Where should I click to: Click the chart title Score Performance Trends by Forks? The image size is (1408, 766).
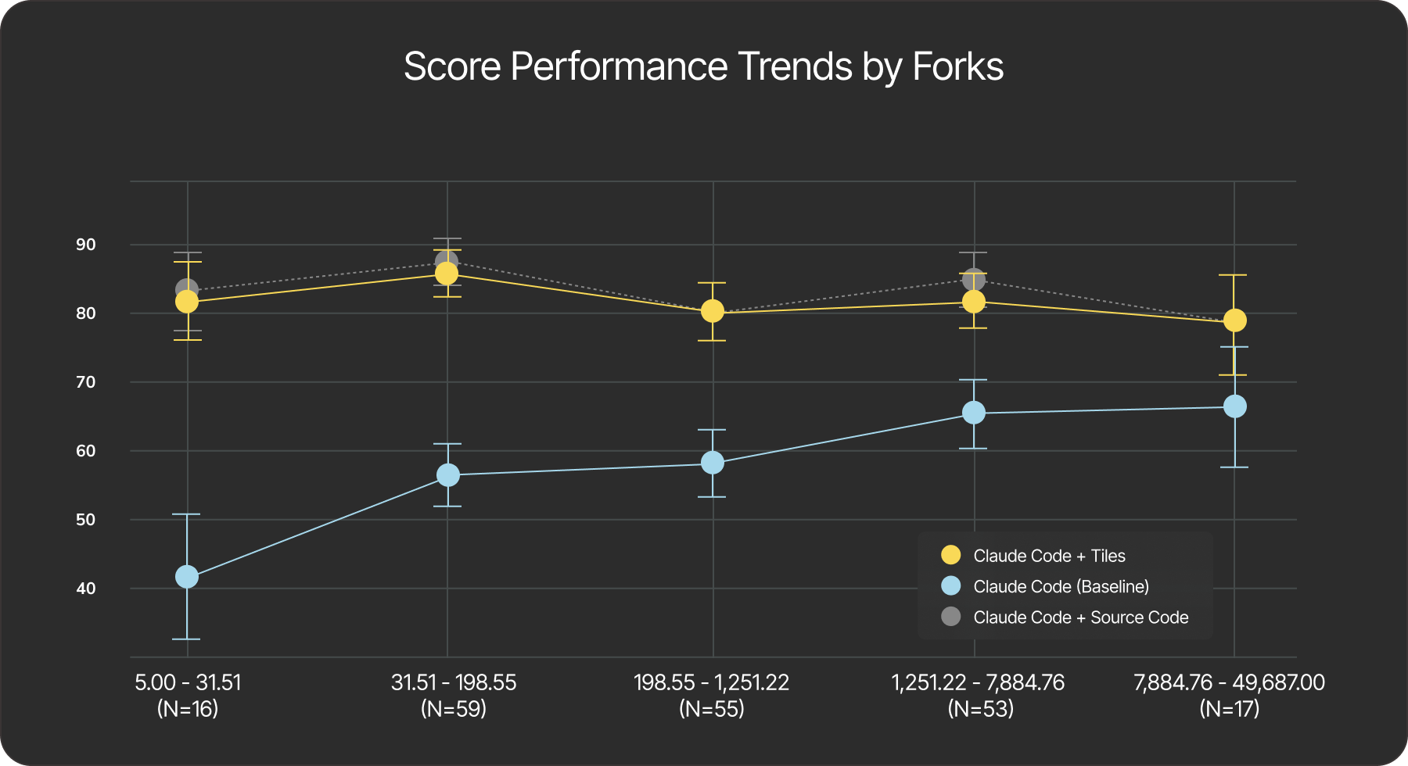pyautogui.click(x=703, y=66)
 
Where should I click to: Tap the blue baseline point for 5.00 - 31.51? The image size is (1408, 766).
pyautogui.click(x=187, y=577)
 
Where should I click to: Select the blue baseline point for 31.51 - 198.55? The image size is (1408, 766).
pyautogui.click(x=447, y=474)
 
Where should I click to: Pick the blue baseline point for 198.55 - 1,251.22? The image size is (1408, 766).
pyautogui.click(x=713, y=463)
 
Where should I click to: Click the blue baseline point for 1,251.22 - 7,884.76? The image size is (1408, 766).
pyautogui.click(x=974, y=413)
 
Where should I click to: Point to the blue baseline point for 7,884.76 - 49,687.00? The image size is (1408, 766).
pyautogui.click(x=1234, y=406)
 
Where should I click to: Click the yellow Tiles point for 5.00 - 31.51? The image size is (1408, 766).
pyautogui.click(x=187, y=302)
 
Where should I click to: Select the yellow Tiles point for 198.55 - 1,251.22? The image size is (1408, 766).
pyautogui.click(x=713, y=311)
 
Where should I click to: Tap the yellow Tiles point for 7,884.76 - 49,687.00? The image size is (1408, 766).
pyautogui.click(x=1234, y=320)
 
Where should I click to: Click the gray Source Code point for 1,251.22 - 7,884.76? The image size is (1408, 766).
pyautogui.click(x=974, y=279)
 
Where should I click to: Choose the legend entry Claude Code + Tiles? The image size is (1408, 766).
pyautogui.click(x=1048, y=556)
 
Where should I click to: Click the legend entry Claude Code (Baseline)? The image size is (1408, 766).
pyautogui.click(x=1061, y=586)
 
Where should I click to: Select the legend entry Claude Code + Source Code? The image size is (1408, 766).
pyautogui.click(x=1080, y=617)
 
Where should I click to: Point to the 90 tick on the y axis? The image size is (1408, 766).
pyautogui.click(x=86, y=245)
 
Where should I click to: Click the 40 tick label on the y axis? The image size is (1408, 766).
pyautogui.click(x=86, y=589)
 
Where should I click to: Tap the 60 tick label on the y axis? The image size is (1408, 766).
pyautogui.click(x=86, y=451)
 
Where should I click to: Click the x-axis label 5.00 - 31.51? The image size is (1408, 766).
pyautogui.click(x=188, y=682)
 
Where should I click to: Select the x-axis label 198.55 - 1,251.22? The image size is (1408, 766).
pyautogui.click(x=711, y=682)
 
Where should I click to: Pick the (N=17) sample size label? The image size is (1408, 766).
pyautogui.click(x=1229, y=709)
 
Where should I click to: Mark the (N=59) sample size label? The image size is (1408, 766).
pyautogui.click(x=453, y=709)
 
